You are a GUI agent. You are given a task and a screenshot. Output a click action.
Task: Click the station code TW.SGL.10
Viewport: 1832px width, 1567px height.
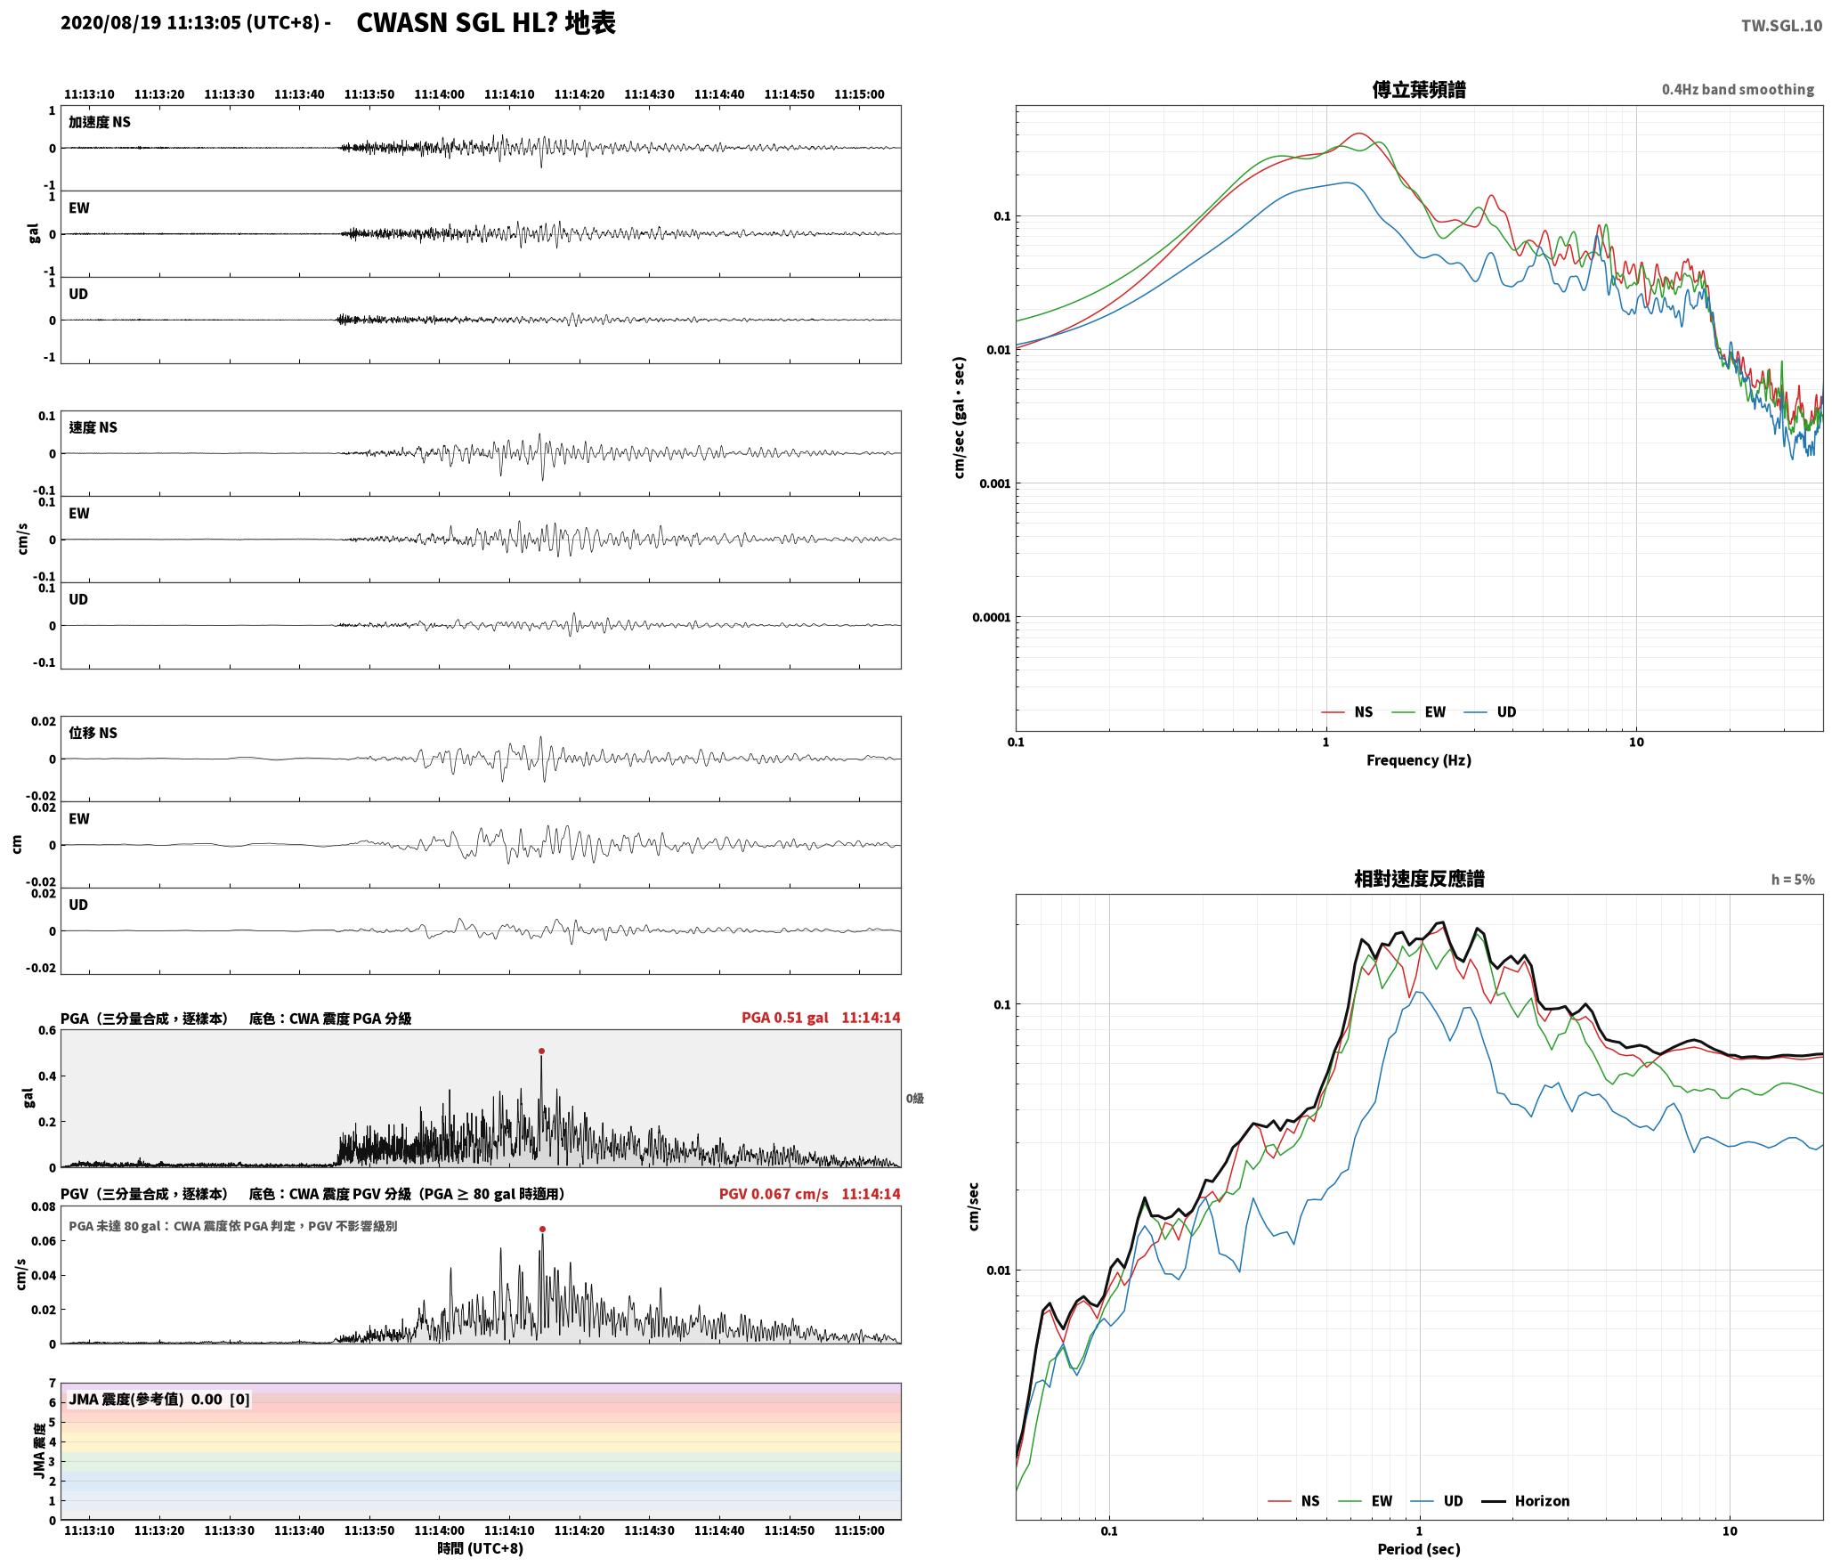(1781, 26)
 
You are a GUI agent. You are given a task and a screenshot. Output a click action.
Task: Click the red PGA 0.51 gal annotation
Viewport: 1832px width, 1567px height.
(784, 1018)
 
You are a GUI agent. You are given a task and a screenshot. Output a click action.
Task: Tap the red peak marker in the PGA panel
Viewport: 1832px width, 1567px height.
(541, 1051)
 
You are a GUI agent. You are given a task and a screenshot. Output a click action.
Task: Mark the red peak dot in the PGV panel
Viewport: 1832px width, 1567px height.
(542, 1230)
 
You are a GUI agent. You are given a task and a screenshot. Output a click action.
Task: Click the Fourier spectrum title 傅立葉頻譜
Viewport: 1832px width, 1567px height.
(1419, 89)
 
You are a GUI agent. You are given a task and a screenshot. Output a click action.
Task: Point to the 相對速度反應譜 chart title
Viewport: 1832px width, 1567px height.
(1419, 879)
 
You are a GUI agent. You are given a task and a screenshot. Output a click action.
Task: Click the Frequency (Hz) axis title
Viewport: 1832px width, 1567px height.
(1419, 760)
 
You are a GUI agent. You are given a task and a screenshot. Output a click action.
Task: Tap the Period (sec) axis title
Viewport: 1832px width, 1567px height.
(1419, 1549)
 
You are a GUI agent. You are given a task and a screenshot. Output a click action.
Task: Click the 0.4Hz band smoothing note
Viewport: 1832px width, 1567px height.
(1738, 90)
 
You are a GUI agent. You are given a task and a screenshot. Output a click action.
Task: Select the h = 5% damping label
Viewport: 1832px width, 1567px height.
(1793, 880)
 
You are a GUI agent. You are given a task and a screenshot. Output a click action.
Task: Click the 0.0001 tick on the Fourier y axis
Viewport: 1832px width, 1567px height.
(991, 617)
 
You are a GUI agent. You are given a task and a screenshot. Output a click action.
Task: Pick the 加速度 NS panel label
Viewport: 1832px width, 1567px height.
(100, 122)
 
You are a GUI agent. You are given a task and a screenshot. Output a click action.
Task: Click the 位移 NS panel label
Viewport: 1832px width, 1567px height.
(93, 733)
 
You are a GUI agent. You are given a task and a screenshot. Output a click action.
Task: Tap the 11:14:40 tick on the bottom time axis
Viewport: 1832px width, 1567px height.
(719, 1530)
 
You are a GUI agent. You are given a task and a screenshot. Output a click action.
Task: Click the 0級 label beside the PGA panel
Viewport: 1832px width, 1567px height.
(915, 1099)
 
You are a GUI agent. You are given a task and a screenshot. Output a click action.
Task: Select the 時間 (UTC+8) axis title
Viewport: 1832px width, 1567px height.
(481, 1548)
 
